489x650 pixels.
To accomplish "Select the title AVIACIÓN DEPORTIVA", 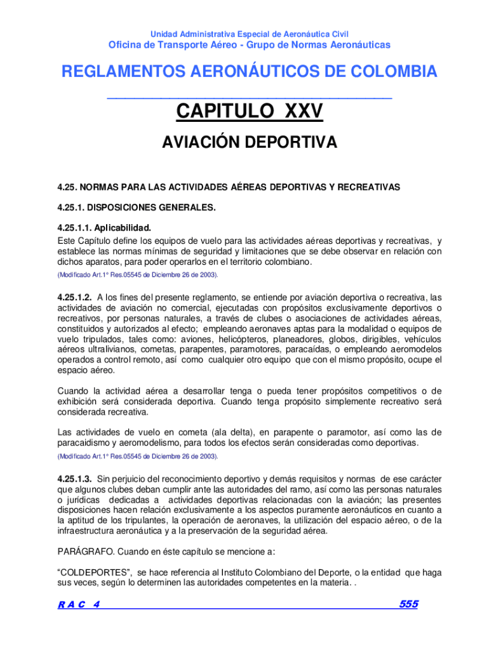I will click(249, 143).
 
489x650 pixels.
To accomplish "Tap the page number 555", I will click(408, 605).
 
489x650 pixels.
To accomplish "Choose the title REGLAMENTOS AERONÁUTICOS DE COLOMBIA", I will click(249, 72).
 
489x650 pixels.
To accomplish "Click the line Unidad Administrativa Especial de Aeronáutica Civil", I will click(249, 34).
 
